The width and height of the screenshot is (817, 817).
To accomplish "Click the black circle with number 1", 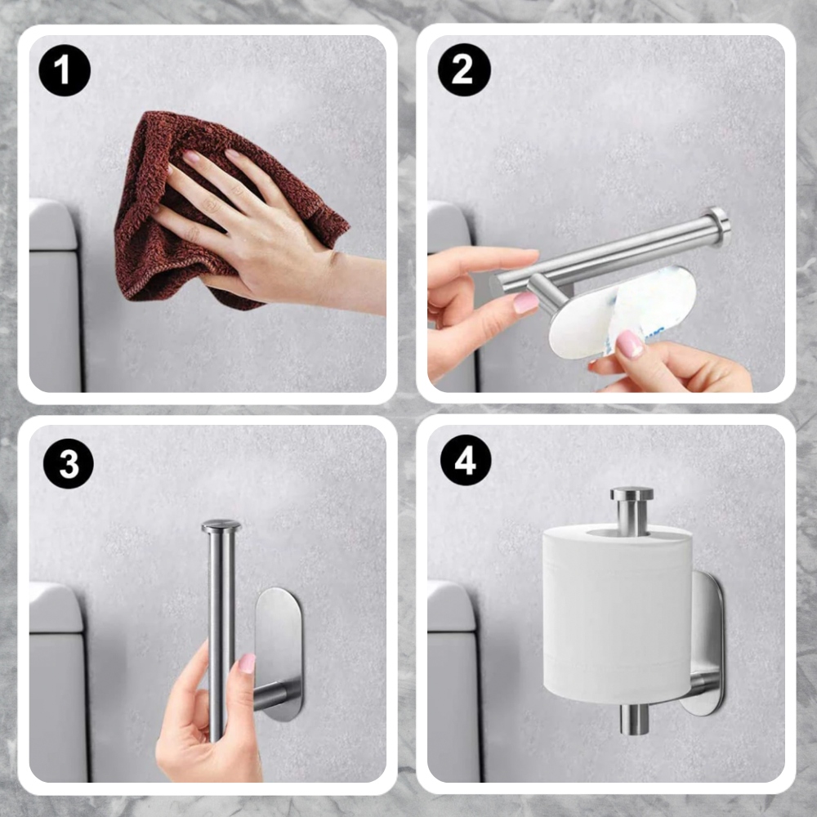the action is pos(65,70).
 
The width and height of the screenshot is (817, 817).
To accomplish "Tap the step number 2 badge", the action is pos(464,69).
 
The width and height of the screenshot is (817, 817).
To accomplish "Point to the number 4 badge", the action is pos(466,461).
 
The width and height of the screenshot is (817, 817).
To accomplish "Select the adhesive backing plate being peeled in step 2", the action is pos(623,313).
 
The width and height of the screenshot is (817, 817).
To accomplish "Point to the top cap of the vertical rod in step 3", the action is pos(221,526).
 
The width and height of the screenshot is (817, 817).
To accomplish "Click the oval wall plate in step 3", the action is pos(279,654).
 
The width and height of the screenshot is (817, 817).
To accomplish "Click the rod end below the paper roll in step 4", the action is pos(635,720).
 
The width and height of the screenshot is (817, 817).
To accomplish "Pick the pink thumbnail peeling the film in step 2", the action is pos(630,345).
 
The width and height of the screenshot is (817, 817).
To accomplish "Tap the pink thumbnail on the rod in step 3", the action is pos(247,663).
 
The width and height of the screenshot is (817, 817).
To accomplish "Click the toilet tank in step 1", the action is pos(55,295).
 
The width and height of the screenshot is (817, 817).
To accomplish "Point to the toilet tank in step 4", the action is pos(453,681).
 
